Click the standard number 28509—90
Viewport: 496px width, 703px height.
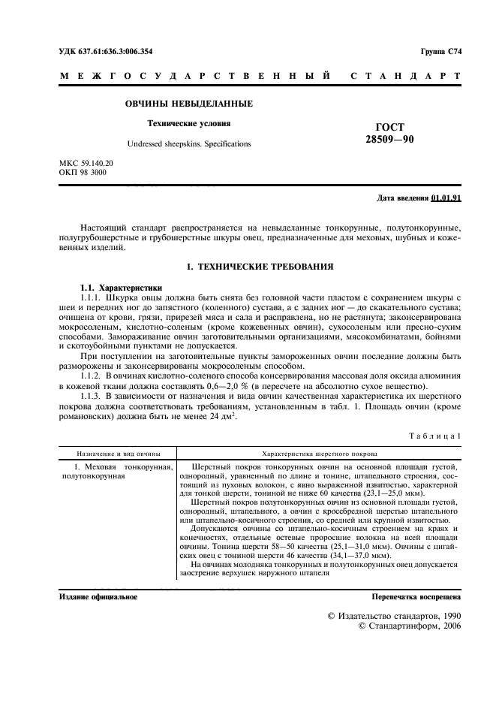pyautogui.click(x=389, y=140)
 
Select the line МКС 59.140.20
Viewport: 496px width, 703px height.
pyautogui.click(x=86, y=163)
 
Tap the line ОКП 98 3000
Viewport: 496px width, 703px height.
pyautogui.click(x=83, y=172)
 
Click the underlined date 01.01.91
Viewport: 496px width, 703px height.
pyautogui.click(x=446, y=198)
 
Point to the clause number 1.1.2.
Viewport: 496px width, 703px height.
pyautogui.click(x=94, y=373)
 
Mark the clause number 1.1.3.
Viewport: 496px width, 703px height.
pyautogui.click(x=94, y=395)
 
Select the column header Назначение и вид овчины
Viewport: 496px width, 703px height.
pyautogui.click(x=116, y=454)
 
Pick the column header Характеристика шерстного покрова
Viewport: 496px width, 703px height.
pyautogui.click(x=319, y=454)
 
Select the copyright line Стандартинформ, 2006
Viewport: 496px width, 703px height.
pyautogui.click(x=410, y=625)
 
